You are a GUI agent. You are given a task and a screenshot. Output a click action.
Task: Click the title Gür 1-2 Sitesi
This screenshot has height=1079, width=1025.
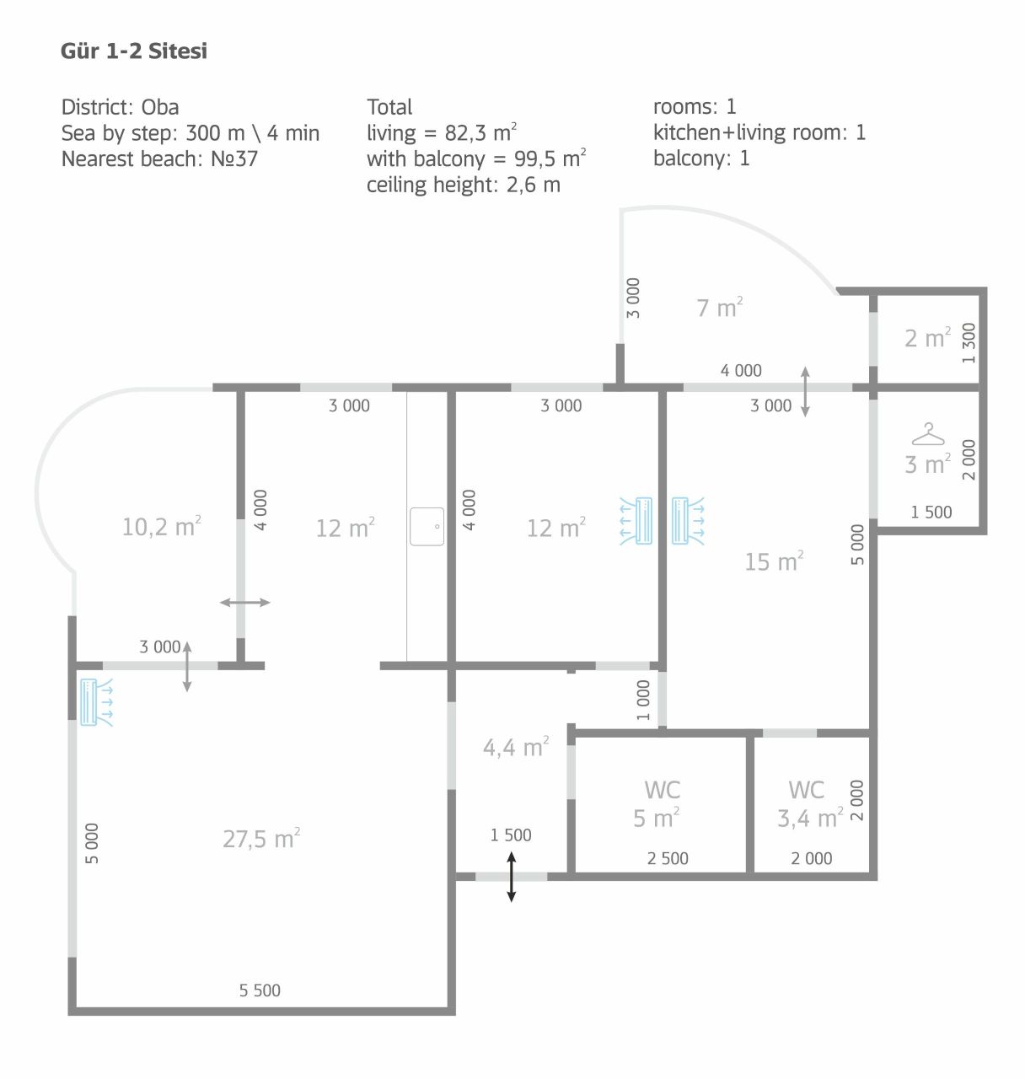(134, 51)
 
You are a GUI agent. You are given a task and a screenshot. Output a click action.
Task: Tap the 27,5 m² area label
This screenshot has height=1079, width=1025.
(261, 839)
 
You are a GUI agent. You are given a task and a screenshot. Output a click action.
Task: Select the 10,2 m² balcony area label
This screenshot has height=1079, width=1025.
(161, 527)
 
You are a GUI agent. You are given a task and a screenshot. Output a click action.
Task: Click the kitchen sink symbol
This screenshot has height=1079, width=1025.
(427, 526)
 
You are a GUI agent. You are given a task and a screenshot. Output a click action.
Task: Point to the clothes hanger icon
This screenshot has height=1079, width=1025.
(927, 434)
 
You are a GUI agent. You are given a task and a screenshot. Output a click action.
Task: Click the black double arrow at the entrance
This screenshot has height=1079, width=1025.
(511, 877)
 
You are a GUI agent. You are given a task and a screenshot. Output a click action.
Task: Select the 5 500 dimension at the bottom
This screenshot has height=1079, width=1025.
(260, 990)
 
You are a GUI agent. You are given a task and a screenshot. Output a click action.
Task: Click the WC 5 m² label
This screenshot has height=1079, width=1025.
(661, 804)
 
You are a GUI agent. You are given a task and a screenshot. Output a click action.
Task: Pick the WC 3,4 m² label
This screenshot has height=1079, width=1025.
(808, 804)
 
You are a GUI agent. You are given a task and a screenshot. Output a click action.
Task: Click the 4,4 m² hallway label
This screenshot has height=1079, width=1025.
(516, 747)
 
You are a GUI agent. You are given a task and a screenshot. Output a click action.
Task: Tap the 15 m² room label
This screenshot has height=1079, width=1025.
(774, 561)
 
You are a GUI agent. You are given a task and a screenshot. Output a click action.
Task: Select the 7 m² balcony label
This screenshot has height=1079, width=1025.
(719, 308)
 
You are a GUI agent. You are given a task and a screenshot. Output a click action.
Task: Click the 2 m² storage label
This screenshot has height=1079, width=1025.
(927, 338)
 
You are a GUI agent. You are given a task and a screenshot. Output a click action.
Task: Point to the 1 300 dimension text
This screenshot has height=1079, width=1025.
(969, 342)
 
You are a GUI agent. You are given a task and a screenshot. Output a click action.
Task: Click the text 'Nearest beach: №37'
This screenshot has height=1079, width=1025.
(159, 158)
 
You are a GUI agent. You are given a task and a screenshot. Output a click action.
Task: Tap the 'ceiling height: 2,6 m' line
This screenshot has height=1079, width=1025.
(463, 185)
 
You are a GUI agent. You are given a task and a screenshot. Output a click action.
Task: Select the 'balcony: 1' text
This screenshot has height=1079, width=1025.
(700, 158)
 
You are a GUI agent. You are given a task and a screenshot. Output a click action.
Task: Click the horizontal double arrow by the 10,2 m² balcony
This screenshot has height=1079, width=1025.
(245, 602)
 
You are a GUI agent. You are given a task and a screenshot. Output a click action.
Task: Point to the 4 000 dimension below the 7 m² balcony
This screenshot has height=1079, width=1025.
(740, 370)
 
